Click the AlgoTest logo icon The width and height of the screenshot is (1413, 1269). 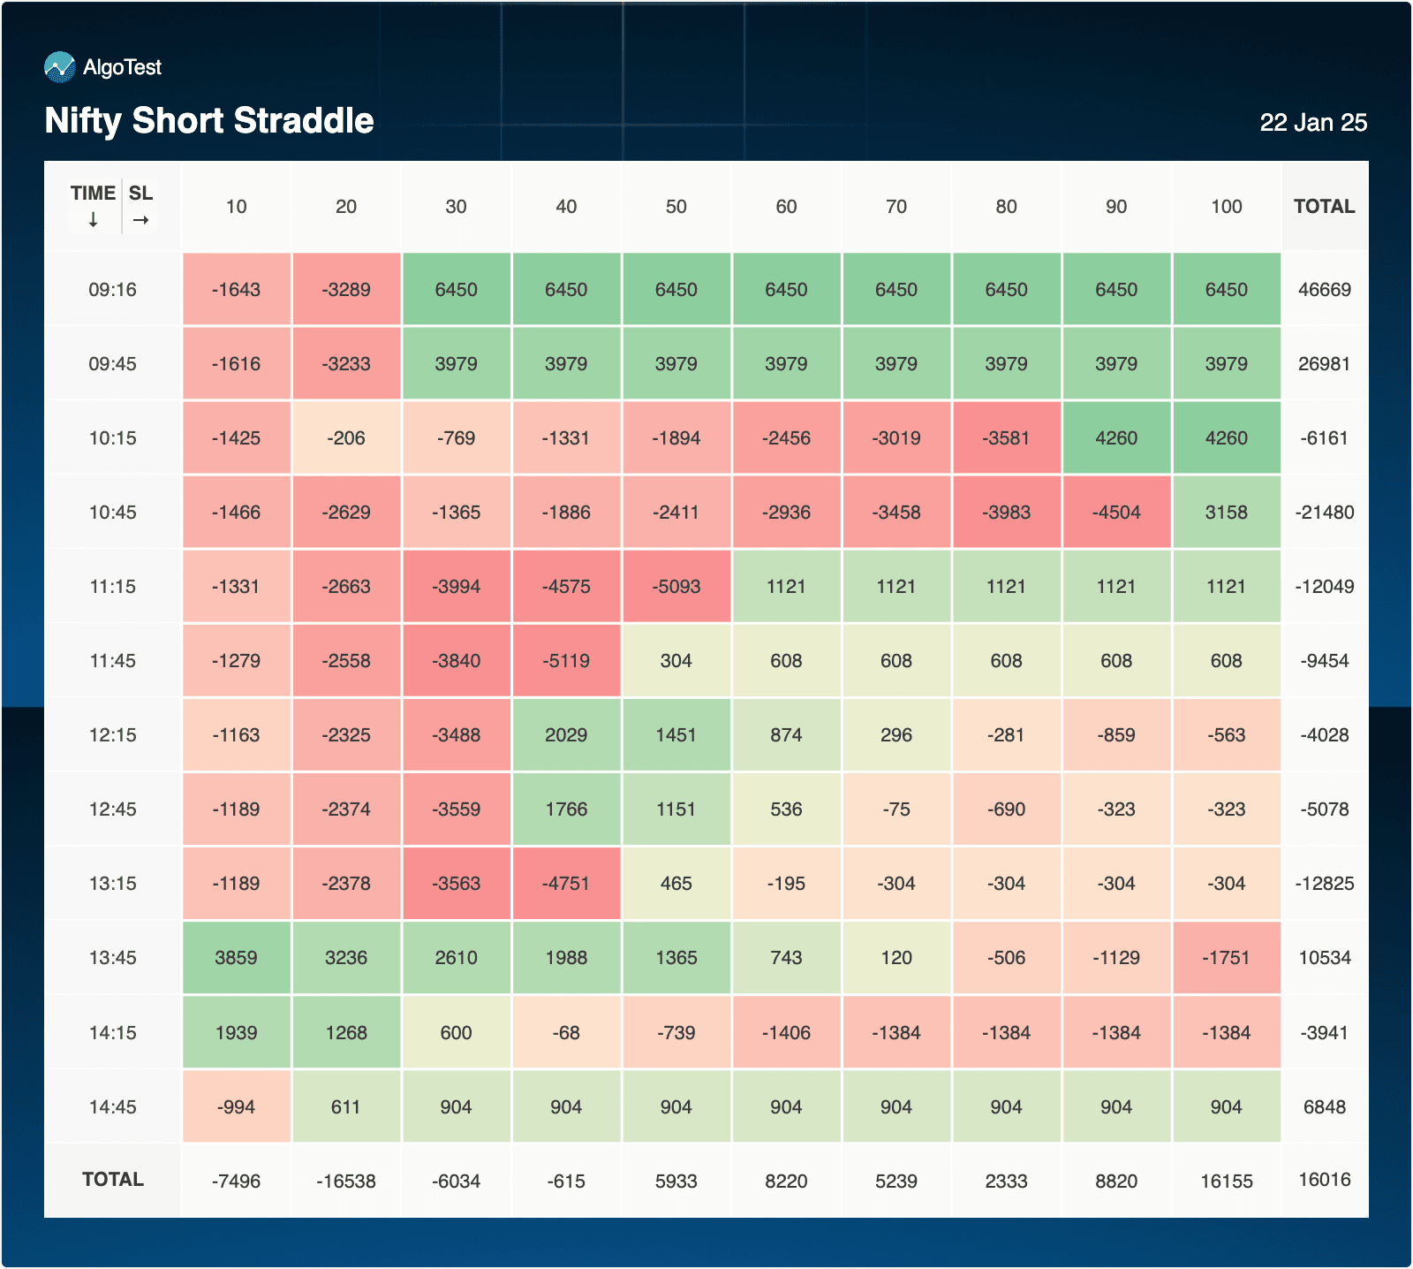(x=59, y=67)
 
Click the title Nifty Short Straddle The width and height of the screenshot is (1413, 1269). (x=209, y=120)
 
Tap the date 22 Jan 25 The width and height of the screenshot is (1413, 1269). (x=1312, y=123)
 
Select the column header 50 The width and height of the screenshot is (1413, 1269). (x=676, y=207)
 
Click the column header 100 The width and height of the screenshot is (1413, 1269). (x=1226, y=207)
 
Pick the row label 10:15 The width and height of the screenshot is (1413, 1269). (x=112, y=438)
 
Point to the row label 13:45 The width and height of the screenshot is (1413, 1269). (x=112, y=958)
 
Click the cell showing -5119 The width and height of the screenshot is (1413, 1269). (x=566, y=661)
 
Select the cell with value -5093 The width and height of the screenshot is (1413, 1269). (x=676, y=587)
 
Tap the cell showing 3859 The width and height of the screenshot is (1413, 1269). (x=236, y=958)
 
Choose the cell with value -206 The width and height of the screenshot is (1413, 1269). (x=346, y=438)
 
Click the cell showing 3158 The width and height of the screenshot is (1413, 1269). (x=1226, y=513)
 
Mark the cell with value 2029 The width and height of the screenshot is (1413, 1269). (x=566, y=735)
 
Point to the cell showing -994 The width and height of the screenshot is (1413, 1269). (x=236, y=1107)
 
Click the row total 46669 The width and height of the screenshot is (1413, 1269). (x=1324, y=290)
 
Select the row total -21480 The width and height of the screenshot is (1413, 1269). (x=1324, y=513)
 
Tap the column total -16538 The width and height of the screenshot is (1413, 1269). (x=346, y=1182)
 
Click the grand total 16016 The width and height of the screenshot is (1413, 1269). (x=1324, y=1180)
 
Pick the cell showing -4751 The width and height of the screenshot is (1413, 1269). (x=566, y=884)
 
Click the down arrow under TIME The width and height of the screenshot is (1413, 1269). (x=93, y=220)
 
